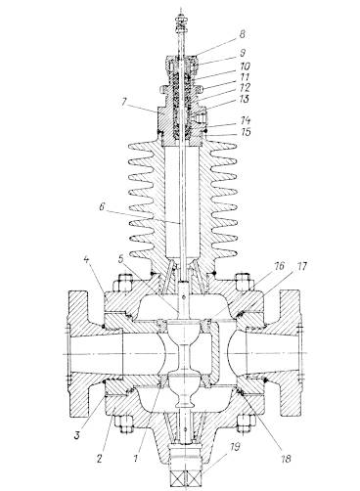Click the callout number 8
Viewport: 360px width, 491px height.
click(x=242, y=34)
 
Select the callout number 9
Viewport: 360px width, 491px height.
click(x=243, y=53)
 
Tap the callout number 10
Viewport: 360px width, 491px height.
click(x=245, y=67)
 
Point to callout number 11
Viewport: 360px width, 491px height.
click(x=245, y=77)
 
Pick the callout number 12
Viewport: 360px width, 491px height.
click(x=245, y=88)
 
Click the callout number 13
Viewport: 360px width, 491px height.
click(x=245, y=99)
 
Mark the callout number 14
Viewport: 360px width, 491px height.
click(x=246, y=121)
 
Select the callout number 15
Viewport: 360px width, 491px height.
click(x=246, y=132)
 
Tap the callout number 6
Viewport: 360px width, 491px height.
click(x=102, y=207)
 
